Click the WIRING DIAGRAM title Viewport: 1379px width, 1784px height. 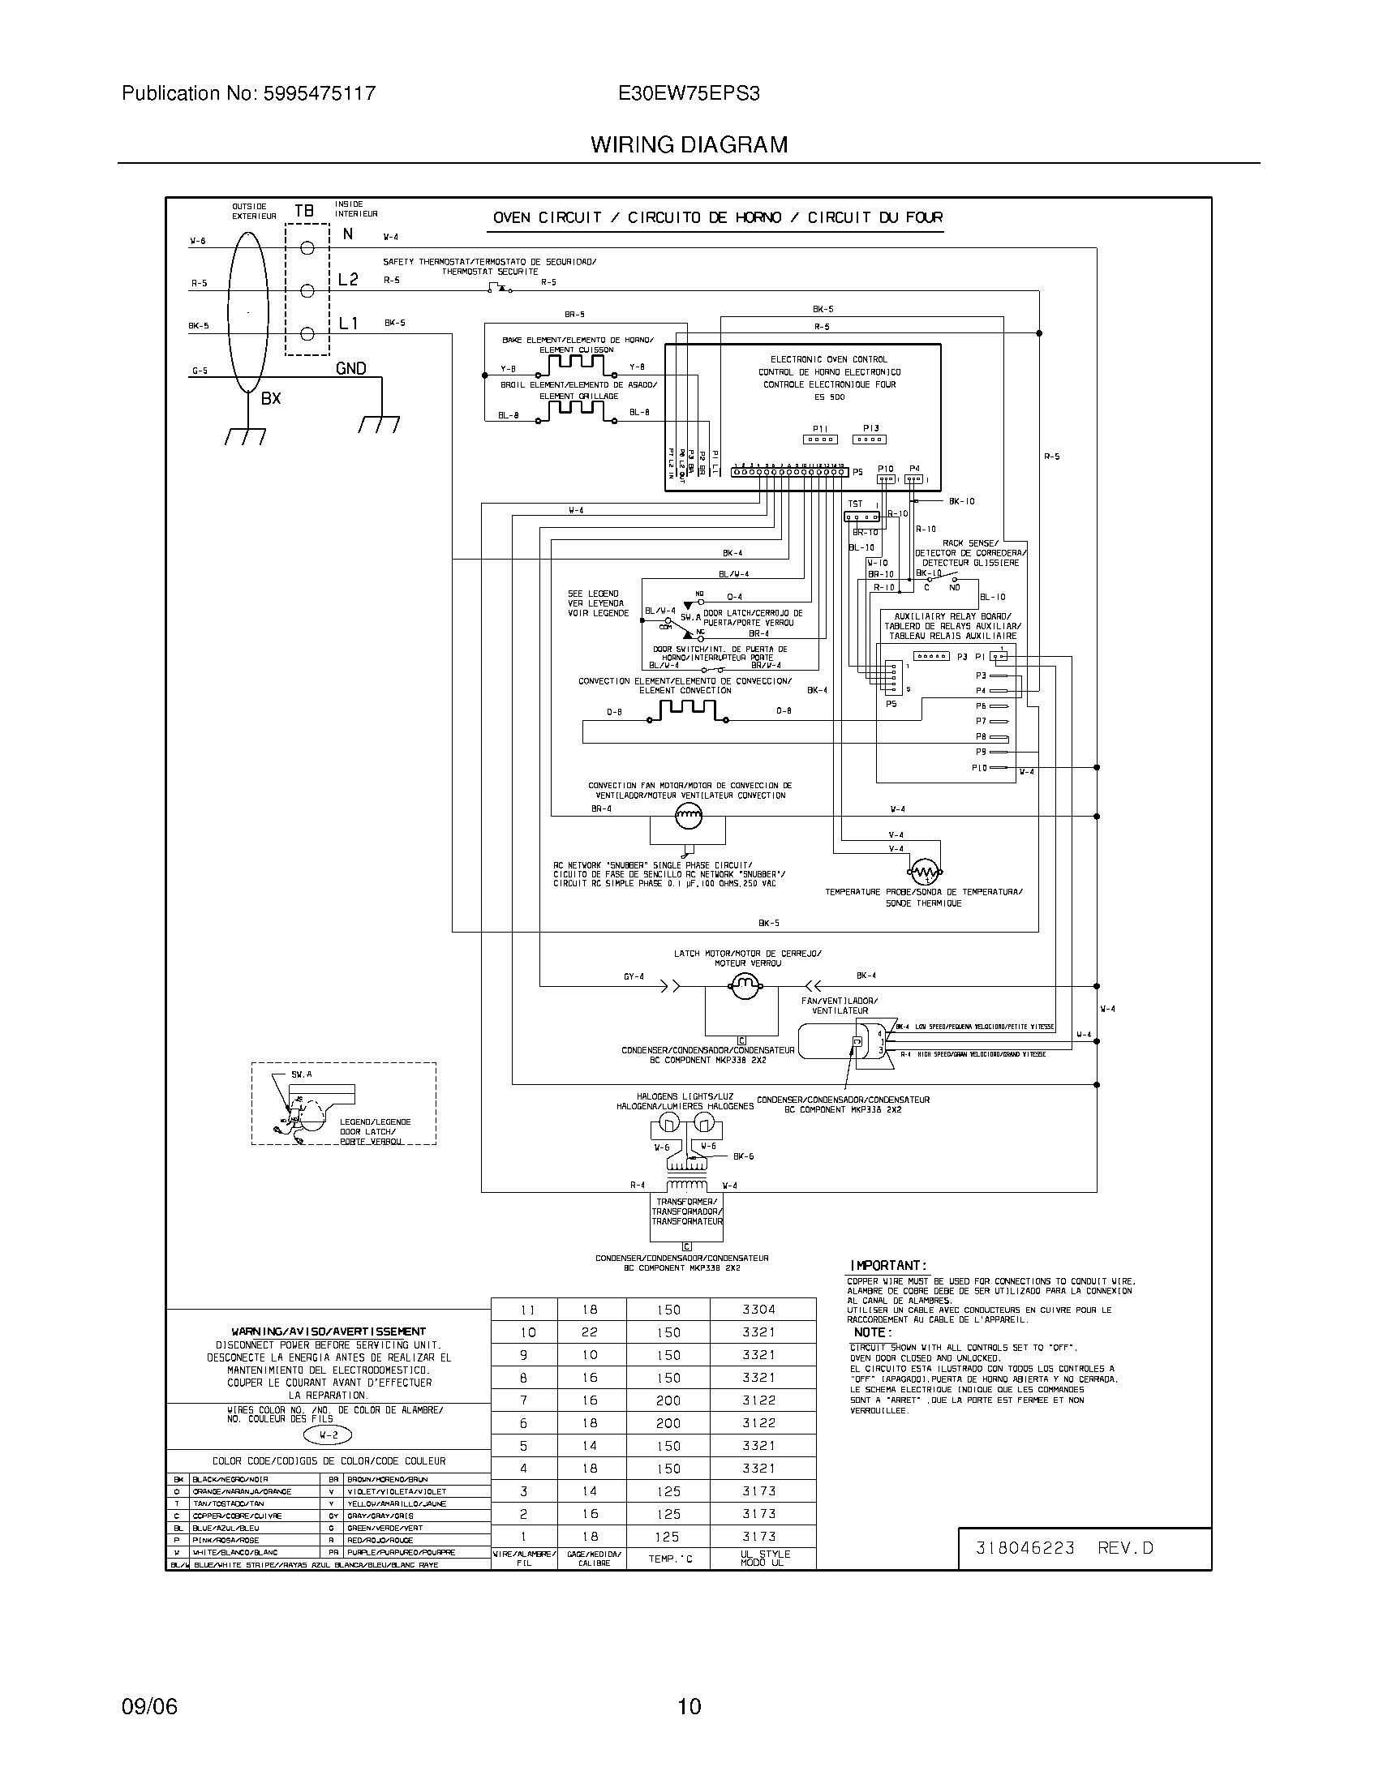point(689,144)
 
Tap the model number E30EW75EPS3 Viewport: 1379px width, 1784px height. point(689,93)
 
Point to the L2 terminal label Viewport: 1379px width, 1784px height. point(348,281)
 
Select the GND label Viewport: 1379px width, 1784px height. point(350,368)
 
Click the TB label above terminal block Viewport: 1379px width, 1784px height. point(303,211)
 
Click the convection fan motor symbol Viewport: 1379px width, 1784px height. point(688,814)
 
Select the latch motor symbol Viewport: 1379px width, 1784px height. point(744,988)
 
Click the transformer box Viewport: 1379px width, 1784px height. point(687,1212)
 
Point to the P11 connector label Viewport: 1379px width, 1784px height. point(820,428)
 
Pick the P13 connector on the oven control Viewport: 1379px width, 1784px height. point(870,439)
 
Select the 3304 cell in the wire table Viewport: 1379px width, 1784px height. point(758,1309)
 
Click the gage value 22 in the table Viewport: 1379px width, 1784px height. point(590,1332)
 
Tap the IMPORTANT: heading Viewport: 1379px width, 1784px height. point(887,1264)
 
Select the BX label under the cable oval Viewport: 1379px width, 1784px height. point(271,400)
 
